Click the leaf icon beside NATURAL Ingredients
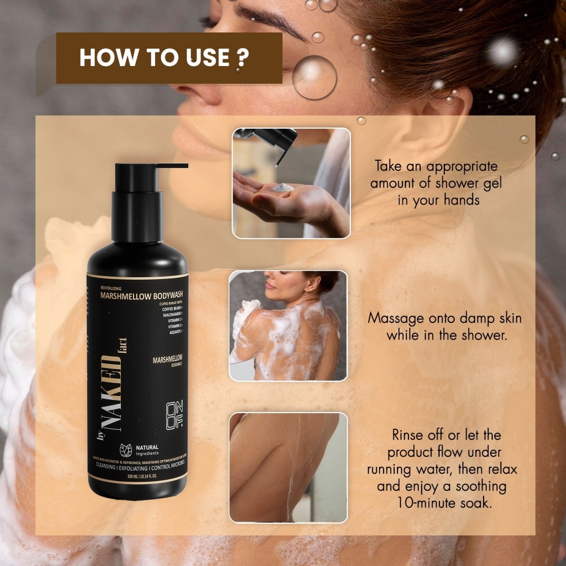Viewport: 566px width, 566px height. (x=125, y=450)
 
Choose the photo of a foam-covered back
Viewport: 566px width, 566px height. (x=288, y=325)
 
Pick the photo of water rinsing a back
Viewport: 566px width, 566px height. (x=288, y=467)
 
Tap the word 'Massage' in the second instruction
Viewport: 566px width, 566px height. (x=396, y=318)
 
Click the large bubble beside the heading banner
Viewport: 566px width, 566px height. (x=314, y=77)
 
